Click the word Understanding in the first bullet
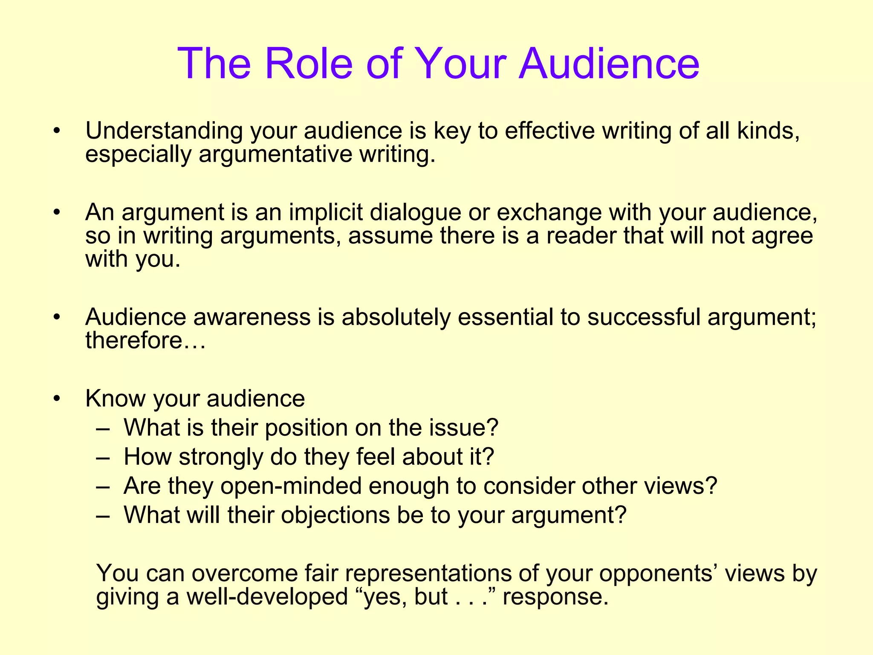point(164,131)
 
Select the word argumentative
point(275,154)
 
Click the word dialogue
point(415,212)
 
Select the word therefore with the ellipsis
point(145,340)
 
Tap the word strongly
point(221,457)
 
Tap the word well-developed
point(267,597)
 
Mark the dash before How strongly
point(103,457)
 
